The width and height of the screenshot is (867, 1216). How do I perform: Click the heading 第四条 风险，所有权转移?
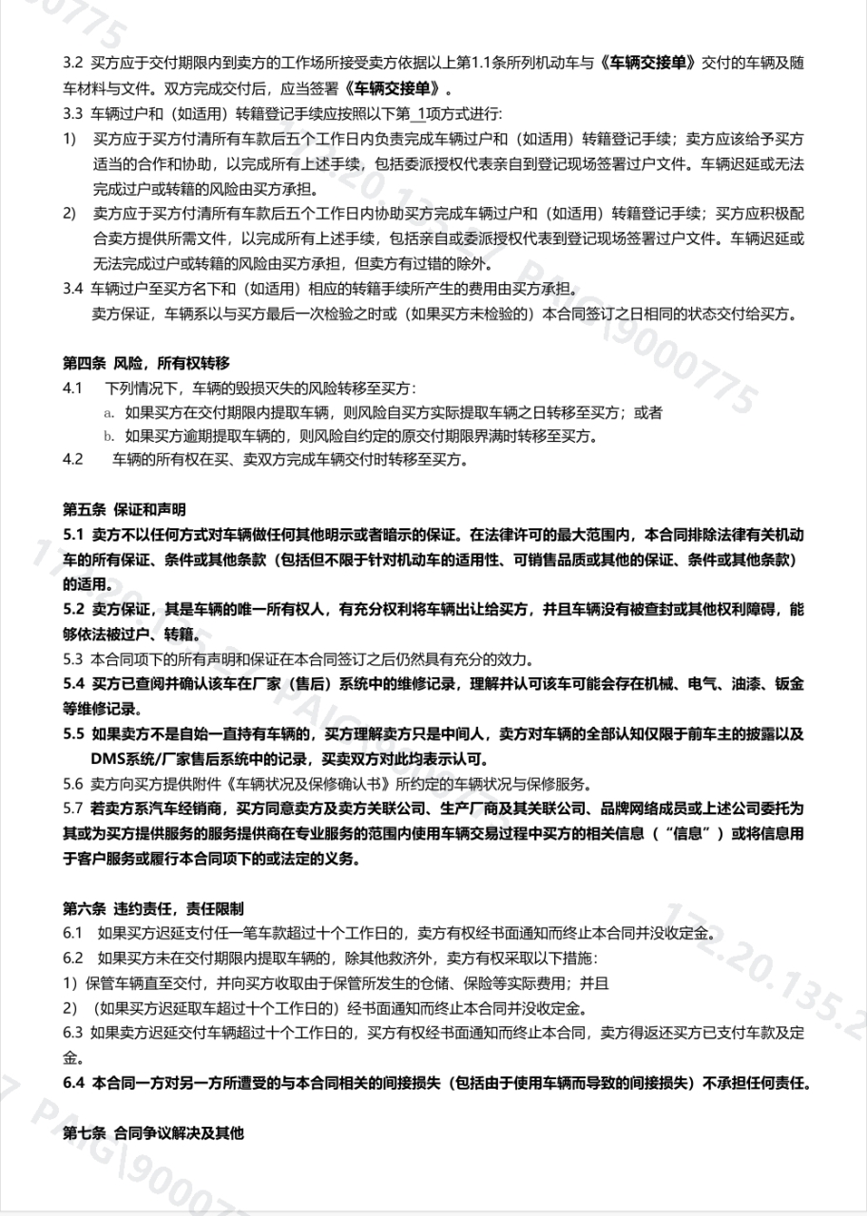pos(145,364)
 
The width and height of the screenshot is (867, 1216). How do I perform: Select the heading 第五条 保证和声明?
pos(125,509)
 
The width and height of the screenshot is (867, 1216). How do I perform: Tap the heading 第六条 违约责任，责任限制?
pos(159,909)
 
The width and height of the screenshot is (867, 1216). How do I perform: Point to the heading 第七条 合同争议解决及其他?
pos(153,1133)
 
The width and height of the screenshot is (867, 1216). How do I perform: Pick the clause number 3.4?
pos(73,289)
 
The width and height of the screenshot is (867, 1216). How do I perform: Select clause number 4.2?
pos(73,460)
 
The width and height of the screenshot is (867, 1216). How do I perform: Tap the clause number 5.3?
pos(73,659)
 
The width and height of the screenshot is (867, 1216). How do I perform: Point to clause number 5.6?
pos(73,784)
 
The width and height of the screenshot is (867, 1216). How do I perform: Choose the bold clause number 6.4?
pos(74,1084)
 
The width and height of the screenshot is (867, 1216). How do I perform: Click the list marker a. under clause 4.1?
pos(109,413)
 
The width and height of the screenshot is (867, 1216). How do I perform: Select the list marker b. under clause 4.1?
pos(109,437)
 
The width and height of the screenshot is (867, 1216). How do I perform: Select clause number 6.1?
pos(73,933)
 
